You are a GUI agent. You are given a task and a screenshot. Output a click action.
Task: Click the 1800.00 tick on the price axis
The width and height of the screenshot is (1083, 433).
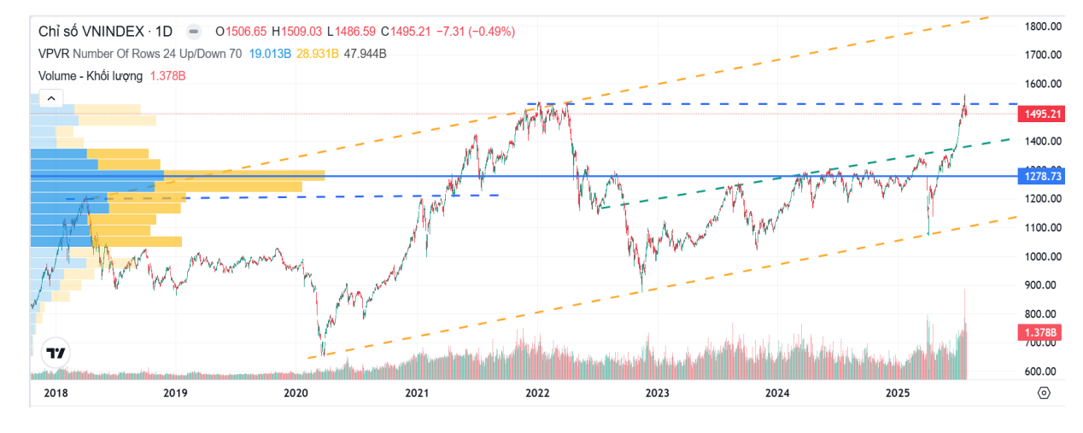pyautogui.click(x=1043, y=26)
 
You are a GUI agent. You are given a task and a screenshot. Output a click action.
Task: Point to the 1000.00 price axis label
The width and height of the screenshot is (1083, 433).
pyautogui.click(x=1043, y=256)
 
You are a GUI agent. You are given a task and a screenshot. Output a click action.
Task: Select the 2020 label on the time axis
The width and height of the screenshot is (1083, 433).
pyautogui.click(x=296, y=393)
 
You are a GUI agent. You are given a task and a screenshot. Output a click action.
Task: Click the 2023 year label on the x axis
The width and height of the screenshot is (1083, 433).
pyautogui.click(x=657, y=393)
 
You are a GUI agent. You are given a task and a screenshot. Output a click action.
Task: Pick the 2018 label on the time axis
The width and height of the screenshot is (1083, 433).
pyautogui.click(x=55, y=393)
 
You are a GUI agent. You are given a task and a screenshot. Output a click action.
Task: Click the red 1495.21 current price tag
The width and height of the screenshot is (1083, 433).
pyautogui.click(x=1043, y=114)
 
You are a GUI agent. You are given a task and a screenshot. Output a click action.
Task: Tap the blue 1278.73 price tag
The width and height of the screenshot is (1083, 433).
pyautogui.click(x=1043, y=176)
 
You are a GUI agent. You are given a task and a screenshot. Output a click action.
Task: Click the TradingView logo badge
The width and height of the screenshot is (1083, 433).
pyautogui.click(x=56, y=353)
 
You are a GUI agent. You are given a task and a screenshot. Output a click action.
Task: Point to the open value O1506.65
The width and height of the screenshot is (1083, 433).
pyautogui.click(x=242, y=32)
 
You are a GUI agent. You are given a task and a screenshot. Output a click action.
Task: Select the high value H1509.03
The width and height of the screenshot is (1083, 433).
pyautogui.click(x=297, y=32)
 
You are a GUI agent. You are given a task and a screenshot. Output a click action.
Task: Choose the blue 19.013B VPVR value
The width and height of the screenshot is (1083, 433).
pyautogui.click(x=269, y=54)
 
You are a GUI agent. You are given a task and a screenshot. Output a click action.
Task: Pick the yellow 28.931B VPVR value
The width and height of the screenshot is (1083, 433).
pyautogui.click(x=318, y=54)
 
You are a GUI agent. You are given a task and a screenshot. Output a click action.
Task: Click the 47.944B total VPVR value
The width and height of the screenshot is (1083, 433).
pyautogui.click(x=366, y=54)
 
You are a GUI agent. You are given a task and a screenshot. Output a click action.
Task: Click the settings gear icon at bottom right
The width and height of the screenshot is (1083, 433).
pyautogui.click(x=1044, y=393)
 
